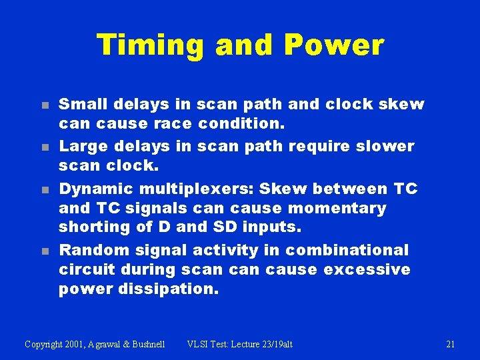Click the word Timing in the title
point(151,45)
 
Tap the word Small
point(83,104)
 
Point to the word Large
point(83,145)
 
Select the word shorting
point(95,227)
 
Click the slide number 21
point(450,344)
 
